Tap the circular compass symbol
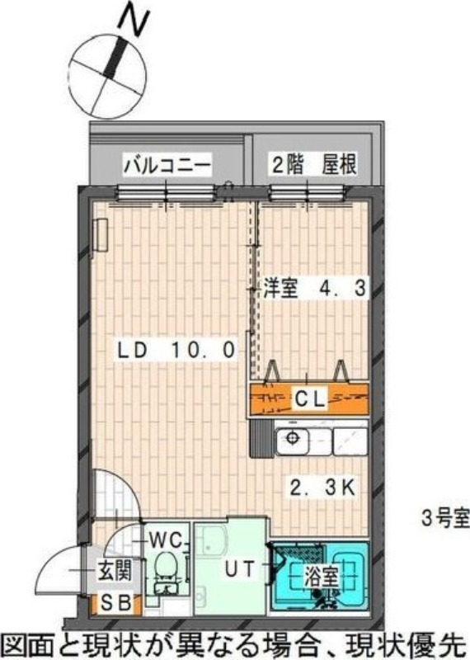coord(106,74)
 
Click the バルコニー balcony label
coord(168,165)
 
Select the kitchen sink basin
coord(293,439)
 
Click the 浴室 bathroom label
coord(320,575)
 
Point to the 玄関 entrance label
coord(115,569)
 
